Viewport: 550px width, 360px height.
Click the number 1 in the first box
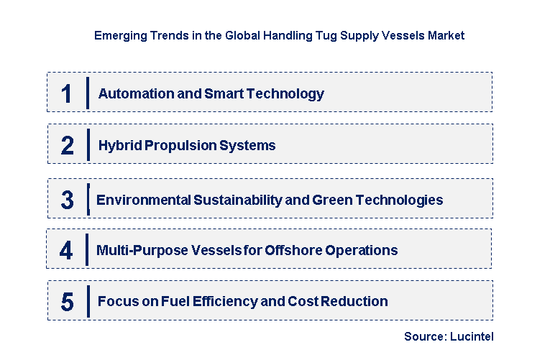pyautogui.click(x=67, y=94)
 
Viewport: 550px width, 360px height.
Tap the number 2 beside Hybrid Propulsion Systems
pyautogui.click(x=68, y=145)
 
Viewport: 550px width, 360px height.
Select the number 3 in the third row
pyautogui.click(x=68, y=200)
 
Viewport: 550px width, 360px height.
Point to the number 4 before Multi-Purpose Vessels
pyautogui.click(x=66, y=250)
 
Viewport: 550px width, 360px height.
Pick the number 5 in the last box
pyautogui.click(x=68, y=302)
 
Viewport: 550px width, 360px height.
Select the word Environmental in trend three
pyautogui.click(x=144, y=200)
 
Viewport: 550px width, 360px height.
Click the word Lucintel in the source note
pyautogui.click(x=472, y=336)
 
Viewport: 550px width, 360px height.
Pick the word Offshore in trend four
pyautogui.click(x=294, y=250)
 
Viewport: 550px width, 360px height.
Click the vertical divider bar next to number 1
pyautogui.click(x=88, y=93)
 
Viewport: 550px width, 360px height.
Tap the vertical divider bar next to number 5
pyautogui.click(x=88, y=302)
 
